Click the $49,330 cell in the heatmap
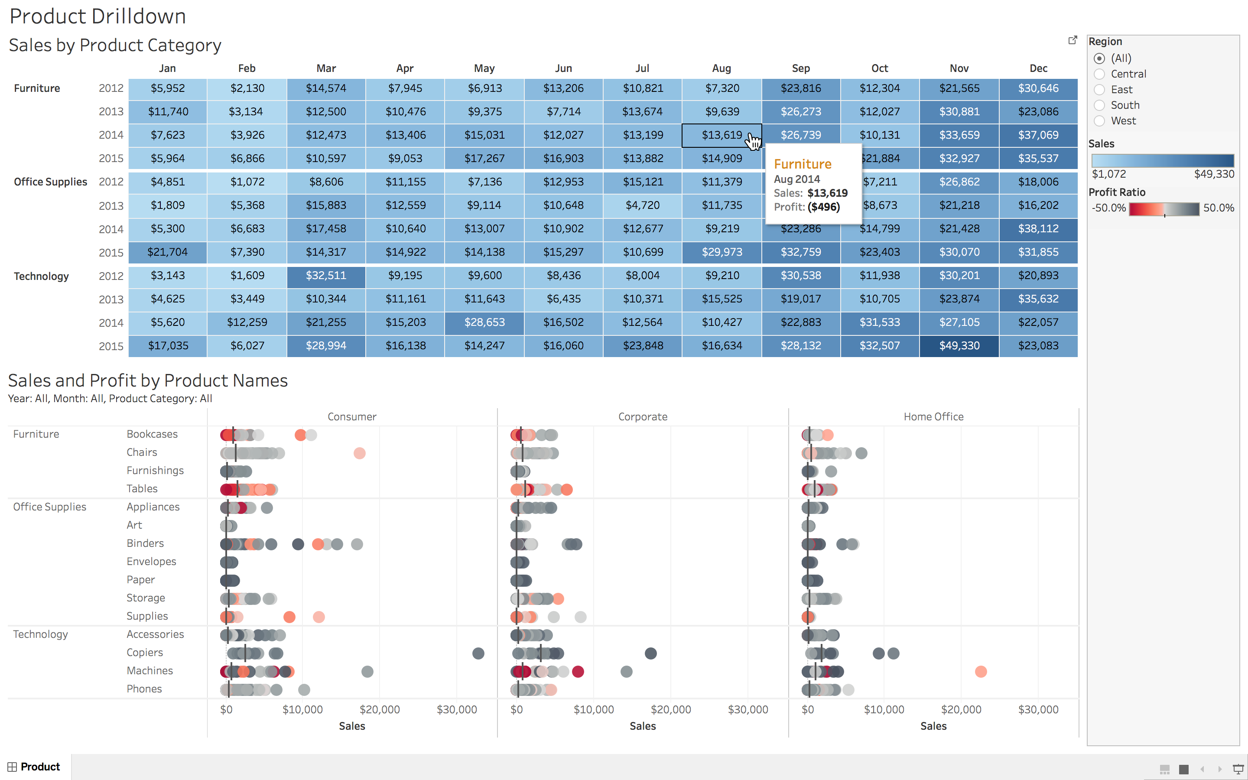(959, 346)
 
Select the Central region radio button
(1099, 74)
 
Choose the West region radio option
(1099, 121)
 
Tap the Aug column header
(721, 68)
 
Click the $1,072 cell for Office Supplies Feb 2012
(247, 182)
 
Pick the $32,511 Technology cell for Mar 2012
(326, 276)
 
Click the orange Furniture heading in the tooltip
(803, 164)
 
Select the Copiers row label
(144, 652)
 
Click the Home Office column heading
(933, 416)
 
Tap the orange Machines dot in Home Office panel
(980, 671)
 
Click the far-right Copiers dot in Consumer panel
(478, 653)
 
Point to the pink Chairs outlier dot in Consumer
(359, 453)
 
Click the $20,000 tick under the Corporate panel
(670, 709)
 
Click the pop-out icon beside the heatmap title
(1072, 40)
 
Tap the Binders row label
(145, 543)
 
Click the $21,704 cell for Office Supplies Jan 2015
(168, 252)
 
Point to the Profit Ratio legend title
(1117, 192)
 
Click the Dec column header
(1038, 68)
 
